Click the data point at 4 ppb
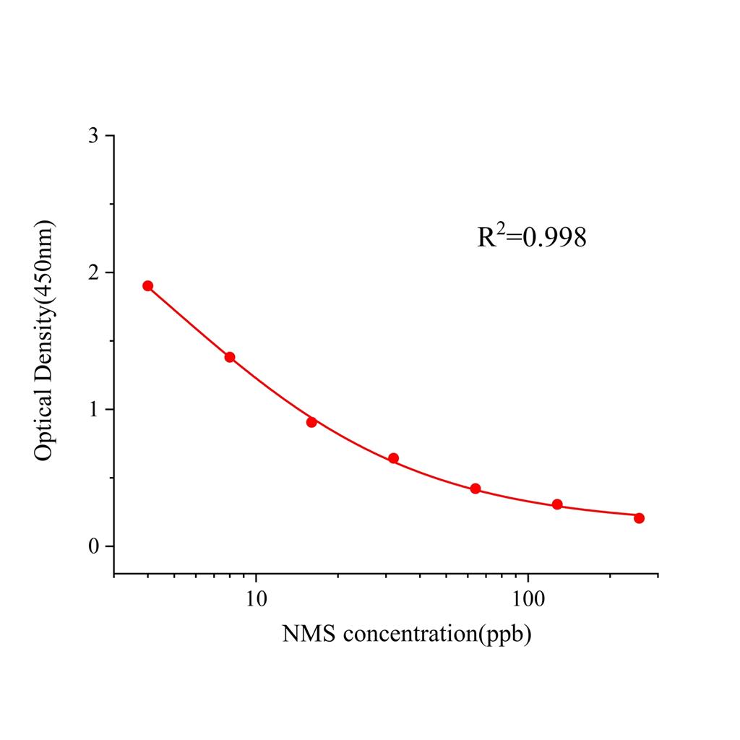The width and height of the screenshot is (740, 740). (147, 285)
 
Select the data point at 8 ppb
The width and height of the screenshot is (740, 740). (230, 357)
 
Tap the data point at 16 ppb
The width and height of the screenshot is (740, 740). (311, 422)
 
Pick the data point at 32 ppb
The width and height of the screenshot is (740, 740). (393, 458)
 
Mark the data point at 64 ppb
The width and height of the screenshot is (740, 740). (476, 489)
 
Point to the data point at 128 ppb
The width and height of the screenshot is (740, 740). (557, 504)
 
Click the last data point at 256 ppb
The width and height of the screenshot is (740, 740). (639, 518)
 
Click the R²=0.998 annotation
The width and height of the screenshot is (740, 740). (531, 236)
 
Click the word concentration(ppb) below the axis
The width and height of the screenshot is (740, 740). (437, 635)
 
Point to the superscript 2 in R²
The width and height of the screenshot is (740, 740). (499, 228)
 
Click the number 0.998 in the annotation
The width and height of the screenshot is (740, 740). (554, 238)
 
